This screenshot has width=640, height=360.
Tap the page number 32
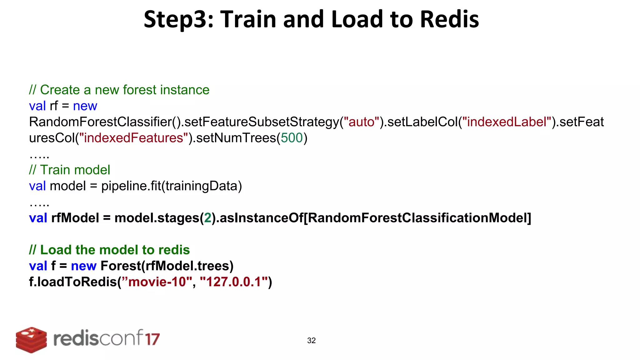pos(311,341)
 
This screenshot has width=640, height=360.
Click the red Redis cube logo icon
pos(31,340)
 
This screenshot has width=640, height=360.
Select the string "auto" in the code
pos(361,122)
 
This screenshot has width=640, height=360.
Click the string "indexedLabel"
pos(507,122)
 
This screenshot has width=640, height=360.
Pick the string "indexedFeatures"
pos(133,138)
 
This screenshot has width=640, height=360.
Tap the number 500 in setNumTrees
pos(292,138)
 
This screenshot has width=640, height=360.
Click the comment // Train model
pos(69,170)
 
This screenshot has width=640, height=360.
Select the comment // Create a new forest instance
pos(119,90)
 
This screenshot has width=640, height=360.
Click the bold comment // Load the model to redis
pos(109,250)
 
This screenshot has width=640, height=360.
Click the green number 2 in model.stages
pos(207,218)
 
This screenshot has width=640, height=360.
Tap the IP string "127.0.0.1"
pos(234,282)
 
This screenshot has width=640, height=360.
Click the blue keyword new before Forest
pos(83,266)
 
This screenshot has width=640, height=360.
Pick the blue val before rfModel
pos(38,218)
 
